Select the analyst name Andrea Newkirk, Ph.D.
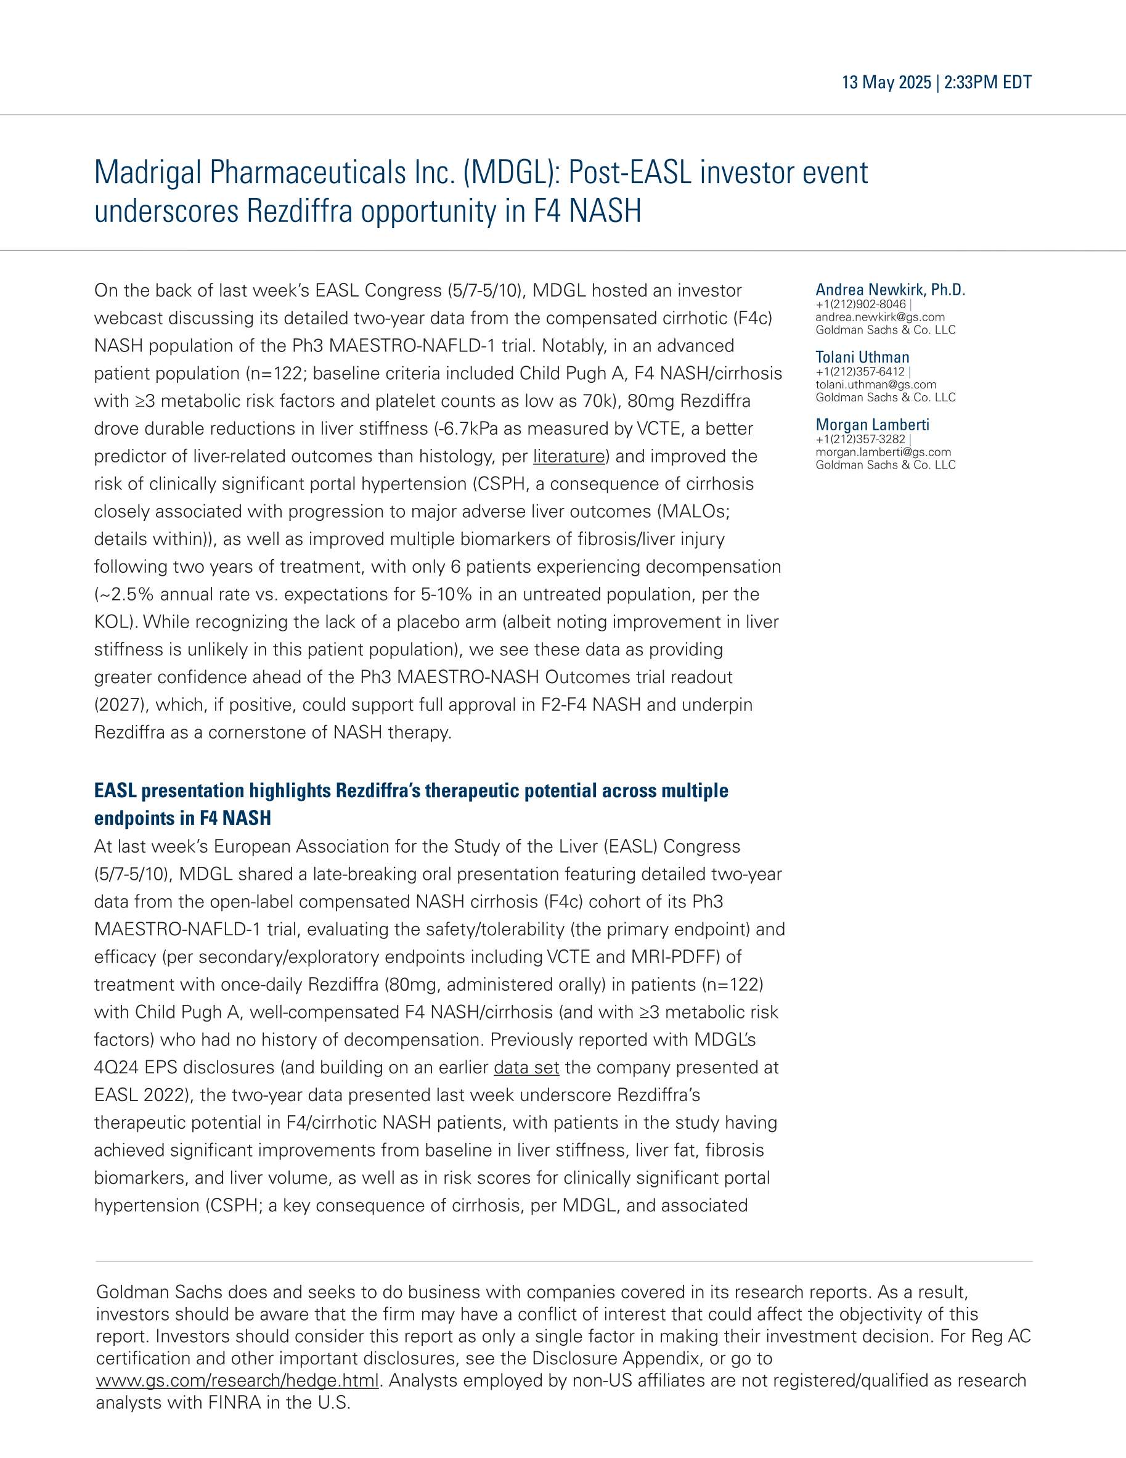click(890, 290)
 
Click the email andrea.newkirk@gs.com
click(879, 317)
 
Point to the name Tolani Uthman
click(862, 357)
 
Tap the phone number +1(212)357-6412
click(860, 372)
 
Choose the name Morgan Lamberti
click(871, 425)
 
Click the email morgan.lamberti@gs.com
click(883, 452)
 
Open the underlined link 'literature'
click(569, 457)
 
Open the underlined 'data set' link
click(526, 1068)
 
